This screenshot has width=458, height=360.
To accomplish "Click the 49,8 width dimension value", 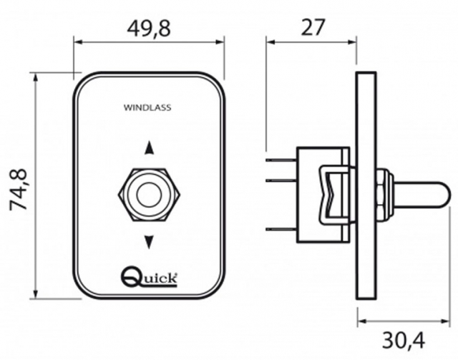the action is pyautogui.click(x=149, y=29).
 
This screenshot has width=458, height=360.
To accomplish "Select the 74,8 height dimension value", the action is pyautogui.click(x=19, y=189).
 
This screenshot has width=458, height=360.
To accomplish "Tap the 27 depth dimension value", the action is pyautogui.click(x=313, y=27).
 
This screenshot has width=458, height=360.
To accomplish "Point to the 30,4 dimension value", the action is pyautogui.click(x=404, y=340).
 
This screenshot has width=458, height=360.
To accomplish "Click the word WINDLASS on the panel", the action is pyautogui.click(x=147, y=107).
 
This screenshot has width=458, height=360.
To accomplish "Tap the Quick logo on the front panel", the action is pyautogui.click(x=150, y=276).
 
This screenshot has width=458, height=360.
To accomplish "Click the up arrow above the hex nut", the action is pyautogui.click(x=150, y=147).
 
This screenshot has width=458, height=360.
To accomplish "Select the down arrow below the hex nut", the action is pyautogui.click(x=150, y=242).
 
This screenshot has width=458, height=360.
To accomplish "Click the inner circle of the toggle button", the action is pyautogui.click(x=150, y=195).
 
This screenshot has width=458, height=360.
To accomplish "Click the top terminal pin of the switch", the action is pyautogui.click(x=281, y=160).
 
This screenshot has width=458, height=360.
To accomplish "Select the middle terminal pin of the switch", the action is pyautogui.click(x=281, y=180).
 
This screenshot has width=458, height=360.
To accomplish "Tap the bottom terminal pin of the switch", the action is pyautogui.click(x=281, y=229).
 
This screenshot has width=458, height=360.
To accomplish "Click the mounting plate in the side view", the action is pyautogui.click(x=366, y=186).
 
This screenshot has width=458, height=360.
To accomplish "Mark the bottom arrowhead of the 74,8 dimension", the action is pyautogui.click(x=36, y=294).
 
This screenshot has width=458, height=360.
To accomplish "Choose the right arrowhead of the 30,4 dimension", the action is pyautogui.click(x=444, y=321).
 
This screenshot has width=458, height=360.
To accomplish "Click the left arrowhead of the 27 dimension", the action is pyautogui.click(x=271, y=42).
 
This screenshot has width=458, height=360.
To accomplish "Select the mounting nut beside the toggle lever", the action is pyautogui.click(x=384, y=195).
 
